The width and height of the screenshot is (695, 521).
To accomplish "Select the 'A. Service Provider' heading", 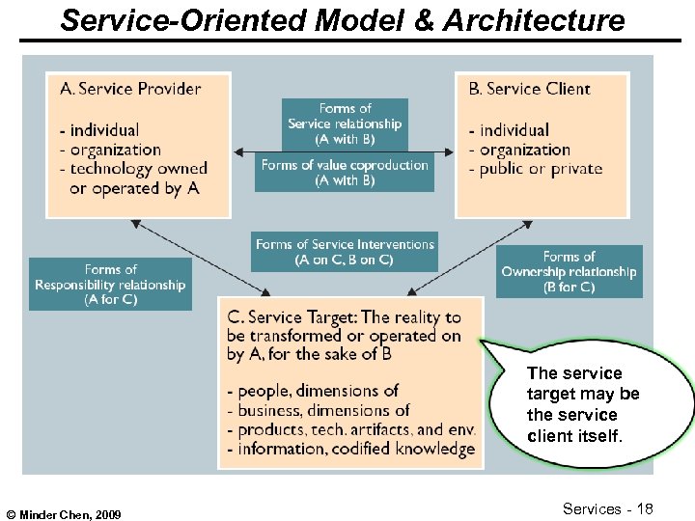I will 130,89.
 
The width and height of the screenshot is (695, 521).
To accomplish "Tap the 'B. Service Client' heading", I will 529,89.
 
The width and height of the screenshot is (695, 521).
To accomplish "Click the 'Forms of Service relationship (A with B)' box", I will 345,123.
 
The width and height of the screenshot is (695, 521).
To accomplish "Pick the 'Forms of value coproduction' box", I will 345,173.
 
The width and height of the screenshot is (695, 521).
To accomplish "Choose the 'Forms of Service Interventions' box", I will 345,252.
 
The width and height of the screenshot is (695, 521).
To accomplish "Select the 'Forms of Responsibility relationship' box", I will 110,284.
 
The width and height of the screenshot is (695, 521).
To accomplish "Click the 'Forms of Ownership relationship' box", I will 569,271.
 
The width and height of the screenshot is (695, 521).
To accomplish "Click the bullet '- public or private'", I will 536,169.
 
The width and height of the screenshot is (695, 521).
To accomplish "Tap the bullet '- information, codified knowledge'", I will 350,449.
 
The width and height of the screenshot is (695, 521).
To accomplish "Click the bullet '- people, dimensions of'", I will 312,391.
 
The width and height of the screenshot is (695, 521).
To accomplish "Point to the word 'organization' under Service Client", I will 525,150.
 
